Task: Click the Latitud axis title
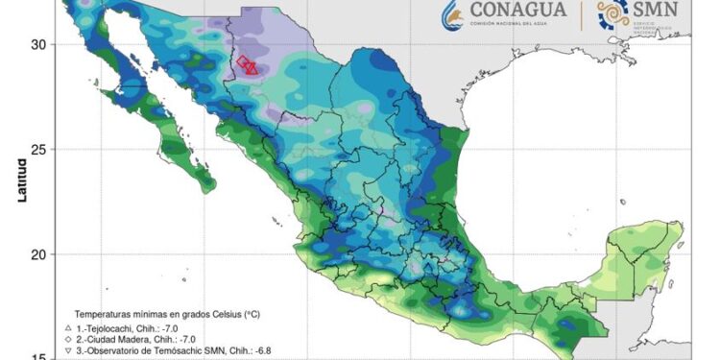(20, 180)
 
